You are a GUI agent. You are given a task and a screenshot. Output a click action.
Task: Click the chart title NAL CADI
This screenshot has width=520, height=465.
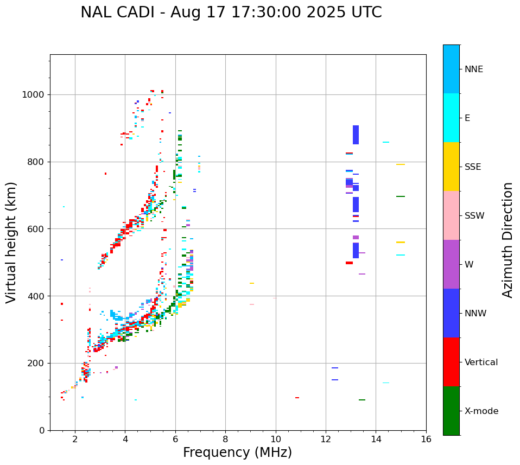[x=231, y=12]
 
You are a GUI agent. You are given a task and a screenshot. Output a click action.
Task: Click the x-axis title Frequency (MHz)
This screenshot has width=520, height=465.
[x=237, y=453]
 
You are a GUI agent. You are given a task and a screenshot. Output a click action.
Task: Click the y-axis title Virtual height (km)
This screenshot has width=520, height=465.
[x=11, y=243]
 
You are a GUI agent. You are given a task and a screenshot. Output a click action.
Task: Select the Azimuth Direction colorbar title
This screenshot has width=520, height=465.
[x=508, y=240]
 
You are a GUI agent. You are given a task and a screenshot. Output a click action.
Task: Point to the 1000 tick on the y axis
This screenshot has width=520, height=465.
[x=36, y=94]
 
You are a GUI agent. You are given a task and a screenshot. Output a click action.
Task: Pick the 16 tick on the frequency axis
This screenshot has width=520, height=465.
[x=426, y=438]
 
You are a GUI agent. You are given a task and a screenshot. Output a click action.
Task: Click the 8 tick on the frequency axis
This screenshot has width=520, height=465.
[x=225, y=438]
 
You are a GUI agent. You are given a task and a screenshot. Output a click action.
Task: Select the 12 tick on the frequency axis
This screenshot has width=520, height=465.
[x=326, y=438]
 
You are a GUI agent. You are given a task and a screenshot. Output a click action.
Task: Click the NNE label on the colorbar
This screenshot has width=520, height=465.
[x=474, y=69]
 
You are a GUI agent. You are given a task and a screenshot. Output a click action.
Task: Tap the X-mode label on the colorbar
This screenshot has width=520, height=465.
[x=481, y=411]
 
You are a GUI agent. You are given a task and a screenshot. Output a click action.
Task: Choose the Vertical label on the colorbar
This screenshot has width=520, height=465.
[x=481, y=362]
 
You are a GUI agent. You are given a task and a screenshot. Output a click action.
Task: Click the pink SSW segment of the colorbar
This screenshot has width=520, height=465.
[x=451, y=215]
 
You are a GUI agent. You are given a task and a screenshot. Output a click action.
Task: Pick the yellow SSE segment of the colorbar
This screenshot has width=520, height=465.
[x=451, y=167]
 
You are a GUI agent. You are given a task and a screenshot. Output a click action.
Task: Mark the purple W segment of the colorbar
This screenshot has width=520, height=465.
[x=451, y=264]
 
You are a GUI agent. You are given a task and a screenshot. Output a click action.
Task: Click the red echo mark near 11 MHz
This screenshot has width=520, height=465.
[x=297, y=398]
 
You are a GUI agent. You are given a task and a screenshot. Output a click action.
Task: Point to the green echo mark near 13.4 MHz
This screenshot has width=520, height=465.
[x=362, y=400]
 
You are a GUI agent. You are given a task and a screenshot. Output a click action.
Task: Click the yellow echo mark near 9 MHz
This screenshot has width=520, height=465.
[x=252, y=283]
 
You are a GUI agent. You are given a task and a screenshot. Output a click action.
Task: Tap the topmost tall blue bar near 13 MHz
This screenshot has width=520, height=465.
[x=356, y=135]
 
